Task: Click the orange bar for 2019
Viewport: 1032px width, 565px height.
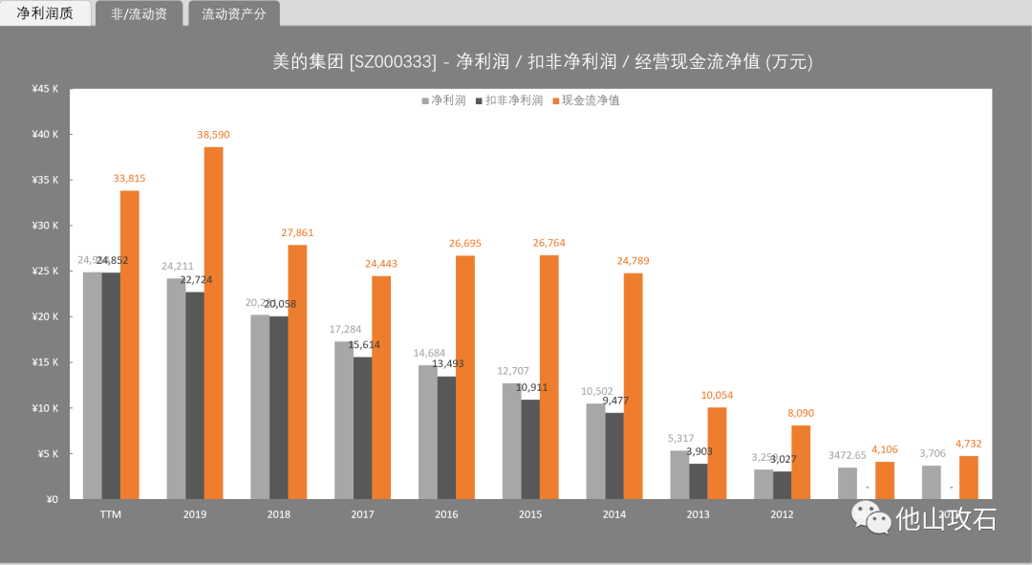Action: [213, 322]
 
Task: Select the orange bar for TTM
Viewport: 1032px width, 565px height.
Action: [130, 344]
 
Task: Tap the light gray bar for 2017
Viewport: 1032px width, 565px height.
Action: [343, 420]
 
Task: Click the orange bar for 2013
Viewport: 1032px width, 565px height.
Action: [717, 453]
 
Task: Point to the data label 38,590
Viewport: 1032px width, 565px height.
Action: [213, 135]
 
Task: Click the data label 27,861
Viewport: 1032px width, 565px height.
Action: [297, 232]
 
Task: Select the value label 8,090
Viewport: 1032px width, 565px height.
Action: [802, 413]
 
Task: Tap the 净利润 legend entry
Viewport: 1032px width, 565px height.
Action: [443, 100]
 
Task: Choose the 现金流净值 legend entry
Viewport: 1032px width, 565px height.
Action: [585, 100]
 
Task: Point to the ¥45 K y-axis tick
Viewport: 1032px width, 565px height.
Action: [45, 89]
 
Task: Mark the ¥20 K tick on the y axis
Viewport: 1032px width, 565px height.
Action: [45, 316]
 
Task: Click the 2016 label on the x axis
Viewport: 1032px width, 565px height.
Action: [446, 514]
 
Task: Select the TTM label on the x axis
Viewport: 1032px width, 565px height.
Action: [111, 514]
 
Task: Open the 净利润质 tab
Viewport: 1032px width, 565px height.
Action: [45, 13]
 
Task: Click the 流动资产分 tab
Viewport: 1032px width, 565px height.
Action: [233, 14]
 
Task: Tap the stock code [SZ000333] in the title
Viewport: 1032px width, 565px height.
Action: [393, 62]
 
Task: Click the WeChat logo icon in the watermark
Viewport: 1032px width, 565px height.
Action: [871, 519]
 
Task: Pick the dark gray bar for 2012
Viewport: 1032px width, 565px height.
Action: [783, 485]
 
